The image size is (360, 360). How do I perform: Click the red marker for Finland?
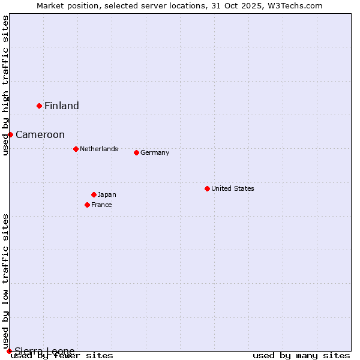pos(40,106)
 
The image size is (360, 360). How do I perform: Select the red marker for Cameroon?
pos(10,134)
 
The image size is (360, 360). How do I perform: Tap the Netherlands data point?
pos(76,149)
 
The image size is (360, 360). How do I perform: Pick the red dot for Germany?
pos(136,152)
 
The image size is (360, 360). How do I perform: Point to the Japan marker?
pos(94,194)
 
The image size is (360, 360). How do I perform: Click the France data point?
pos(87,205)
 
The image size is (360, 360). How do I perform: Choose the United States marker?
pos(207,188)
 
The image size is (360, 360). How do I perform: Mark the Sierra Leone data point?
pos(9,351)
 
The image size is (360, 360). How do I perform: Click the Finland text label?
pos(62,106)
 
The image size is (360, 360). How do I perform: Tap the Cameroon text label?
pos(40,135)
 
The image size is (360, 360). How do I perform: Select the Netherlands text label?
pos(99,149)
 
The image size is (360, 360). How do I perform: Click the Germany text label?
pos(155,152)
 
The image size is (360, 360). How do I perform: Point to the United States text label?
pos(233,188)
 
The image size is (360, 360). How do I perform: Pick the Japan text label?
pos(107,194)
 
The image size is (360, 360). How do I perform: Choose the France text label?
pos(101,205)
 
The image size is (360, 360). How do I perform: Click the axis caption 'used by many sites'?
pos(301,356)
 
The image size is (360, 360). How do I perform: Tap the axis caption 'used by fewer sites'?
pos(62,356)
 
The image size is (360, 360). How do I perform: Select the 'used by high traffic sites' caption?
pos(5,85)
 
